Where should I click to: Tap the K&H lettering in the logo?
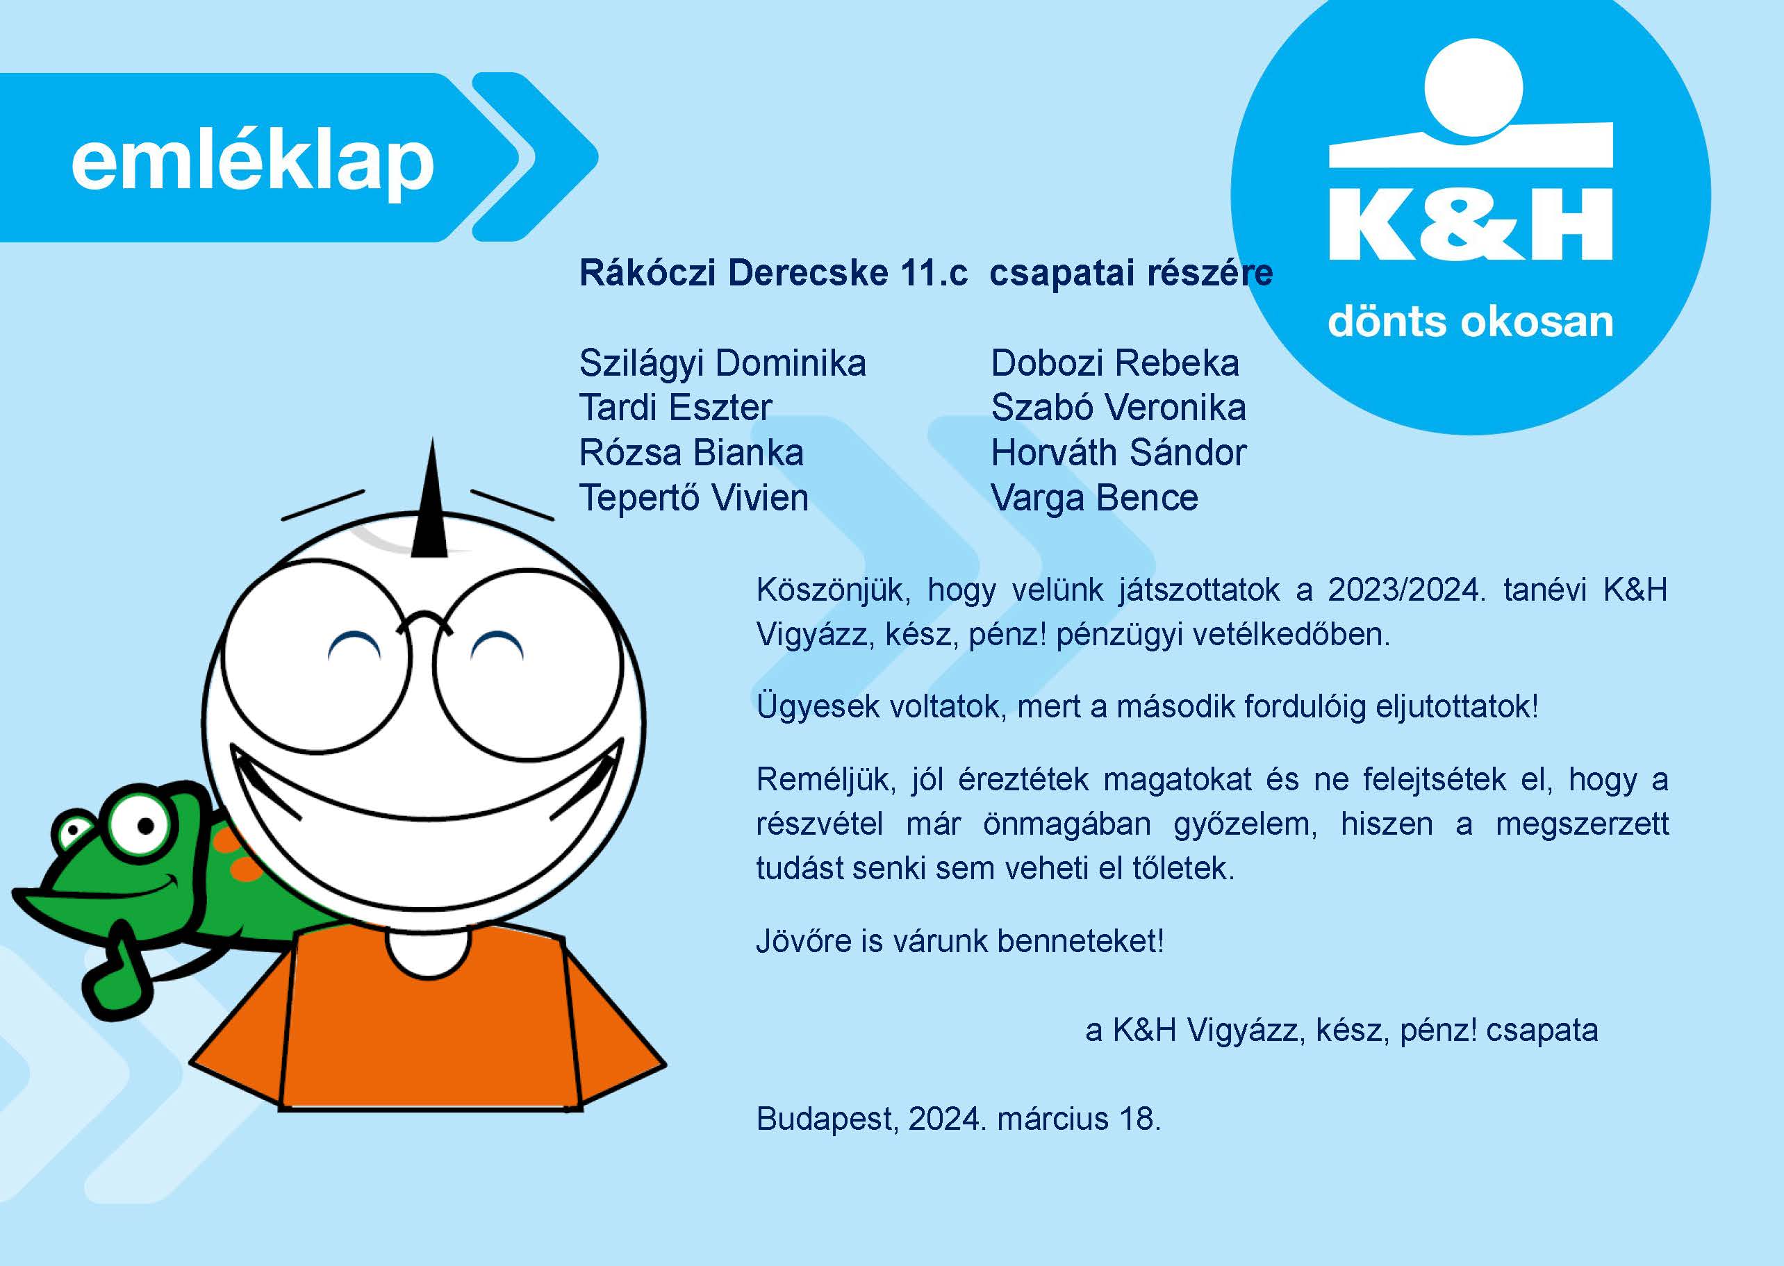tap(1471, 224)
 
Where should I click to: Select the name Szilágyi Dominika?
tap(722, 364)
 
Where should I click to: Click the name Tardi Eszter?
tap(675, 408)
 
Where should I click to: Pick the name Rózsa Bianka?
tap(691, 453)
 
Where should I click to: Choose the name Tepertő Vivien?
tap(693, 498)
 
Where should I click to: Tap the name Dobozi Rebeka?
tap(1114, 363)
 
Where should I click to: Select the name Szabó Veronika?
tap(1118, 408)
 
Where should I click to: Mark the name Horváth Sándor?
tap(1118, 453)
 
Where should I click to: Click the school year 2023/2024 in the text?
tap(1403, 590)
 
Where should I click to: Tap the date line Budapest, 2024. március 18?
tap(958, 1119)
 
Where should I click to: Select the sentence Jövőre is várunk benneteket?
tap(960, 942)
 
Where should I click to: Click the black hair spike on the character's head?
tap(431, 503)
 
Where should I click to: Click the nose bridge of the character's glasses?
tap(423, 622)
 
